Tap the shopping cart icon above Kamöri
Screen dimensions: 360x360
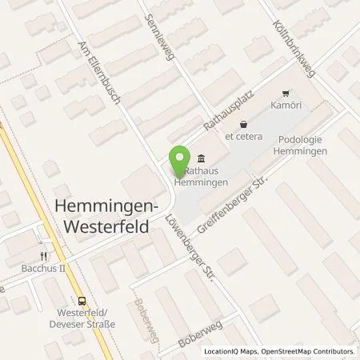tap(286, 93)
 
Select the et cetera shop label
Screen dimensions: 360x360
tap(242, 135)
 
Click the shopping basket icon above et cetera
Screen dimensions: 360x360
tap(242, 123)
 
